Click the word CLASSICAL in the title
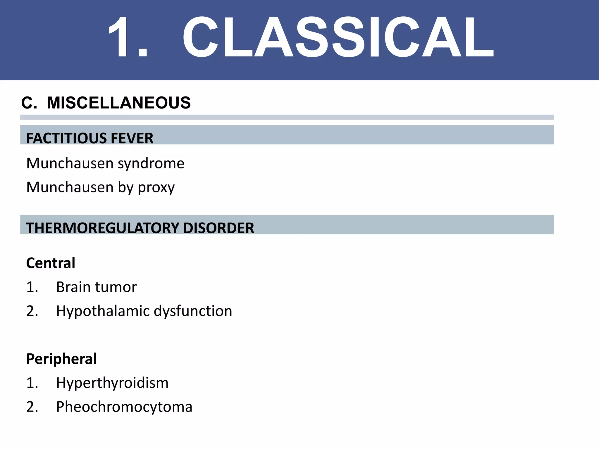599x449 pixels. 338,37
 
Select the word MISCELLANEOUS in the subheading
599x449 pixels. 119,103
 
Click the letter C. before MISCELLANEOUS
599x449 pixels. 29,103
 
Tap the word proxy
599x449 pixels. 156,188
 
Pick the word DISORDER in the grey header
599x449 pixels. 218,228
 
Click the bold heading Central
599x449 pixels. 51,263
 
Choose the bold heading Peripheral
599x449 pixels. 61,359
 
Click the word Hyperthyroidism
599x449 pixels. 112,383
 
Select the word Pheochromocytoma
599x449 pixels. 124,407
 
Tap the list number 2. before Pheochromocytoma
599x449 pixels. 32,407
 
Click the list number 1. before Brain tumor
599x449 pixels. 32,287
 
